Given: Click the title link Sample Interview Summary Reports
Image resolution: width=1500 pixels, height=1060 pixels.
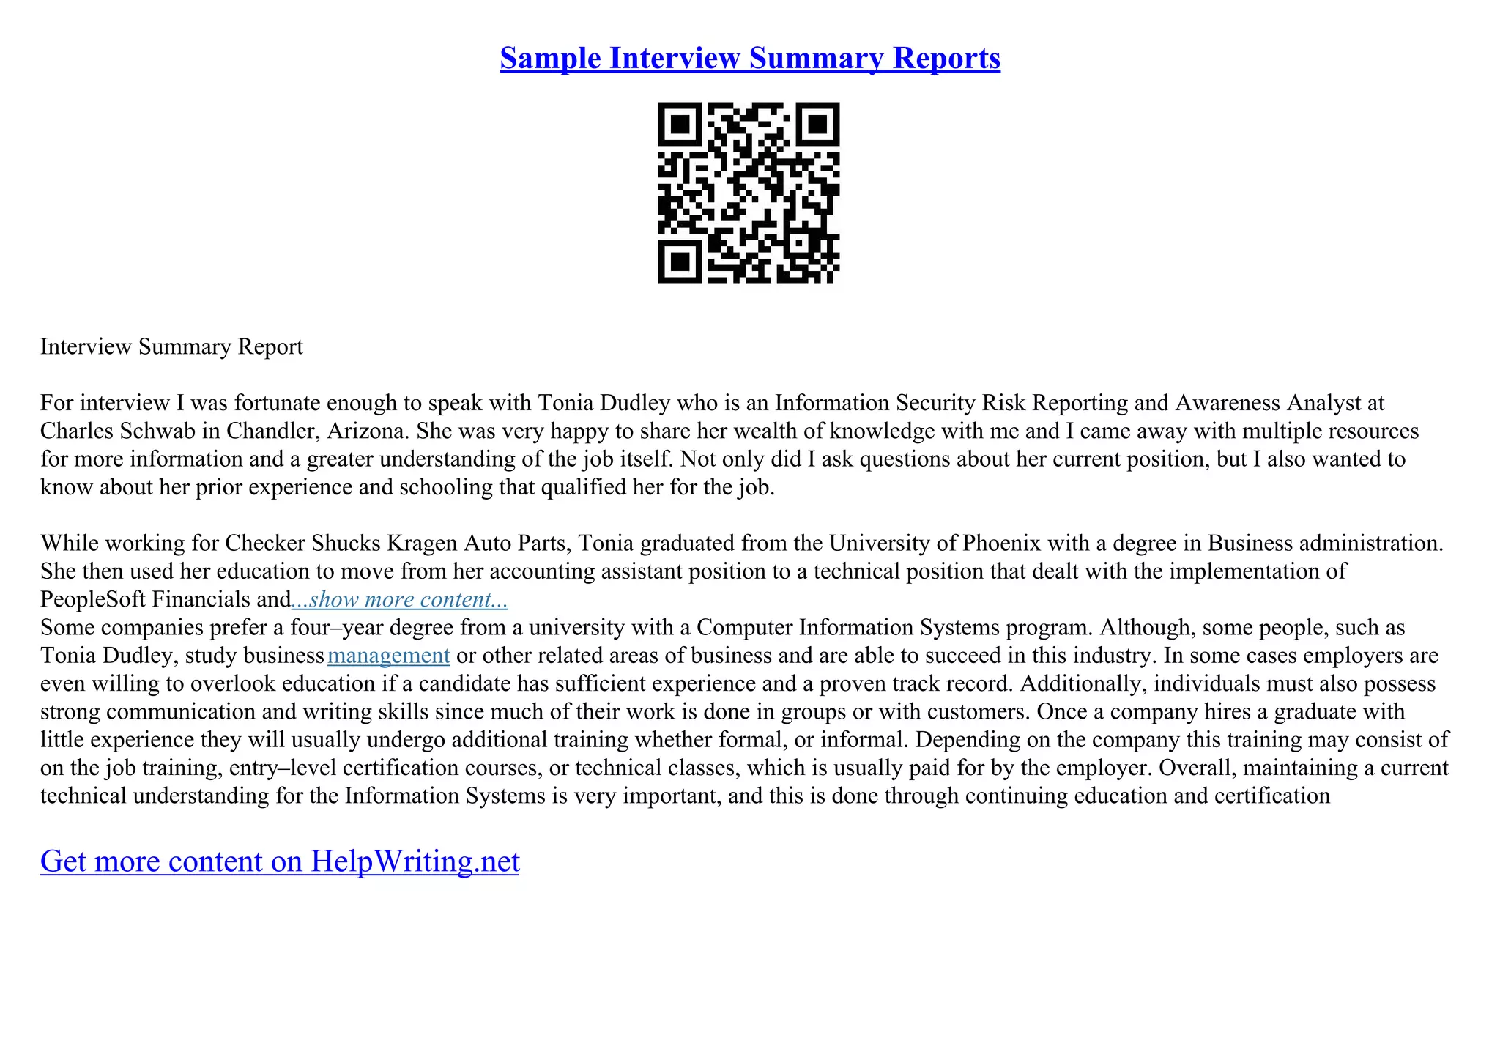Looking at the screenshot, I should [749, 58].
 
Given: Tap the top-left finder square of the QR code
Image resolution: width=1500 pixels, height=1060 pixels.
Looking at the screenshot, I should [680, 124].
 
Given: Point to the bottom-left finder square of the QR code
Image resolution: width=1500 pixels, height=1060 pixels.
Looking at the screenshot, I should [680, 261].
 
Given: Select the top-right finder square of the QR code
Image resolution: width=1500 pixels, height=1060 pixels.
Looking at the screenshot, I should [817, 124].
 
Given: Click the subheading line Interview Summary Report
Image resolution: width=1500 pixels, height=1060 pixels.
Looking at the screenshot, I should [171, 346].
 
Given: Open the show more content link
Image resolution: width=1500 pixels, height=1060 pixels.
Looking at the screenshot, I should [400, 599].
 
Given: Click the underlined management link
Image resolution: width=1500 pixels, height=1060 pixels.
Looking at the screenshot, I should [388, 655].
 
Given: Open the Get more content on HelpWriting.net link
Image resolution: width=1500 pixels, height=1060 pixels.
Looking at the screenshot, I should [280, 861].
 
